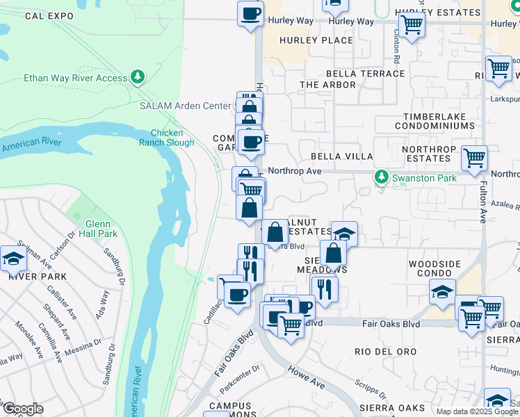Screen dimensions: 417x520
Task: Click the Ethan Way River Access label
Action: (76, 78)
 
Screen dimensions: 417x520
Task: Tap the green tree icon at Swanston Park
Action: (380, 178)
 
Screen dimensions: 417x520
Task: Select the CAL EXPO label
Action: (49, 15)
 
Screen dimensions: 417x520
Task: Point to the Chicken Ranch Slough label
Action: (168, 138)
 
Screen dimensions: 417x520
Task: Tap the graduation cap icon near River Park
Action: (13, 259)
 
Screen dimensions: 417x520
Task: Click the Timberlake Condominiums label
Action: (434, 122)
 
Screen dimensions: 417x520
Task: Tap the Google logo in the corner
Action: (22, 409)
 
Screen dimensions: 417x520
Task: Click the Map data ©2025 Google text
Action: (477, 411)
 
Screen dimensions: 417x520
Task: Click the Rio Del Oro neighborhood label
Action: (385, 352)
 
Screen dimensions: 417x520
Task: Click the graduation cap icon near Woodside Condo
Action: (441, 292)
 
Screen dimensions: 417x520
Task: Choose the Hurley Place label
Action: (316, 40)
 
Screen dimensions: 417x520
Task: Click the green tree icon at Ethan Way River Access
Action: (138, 77)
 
